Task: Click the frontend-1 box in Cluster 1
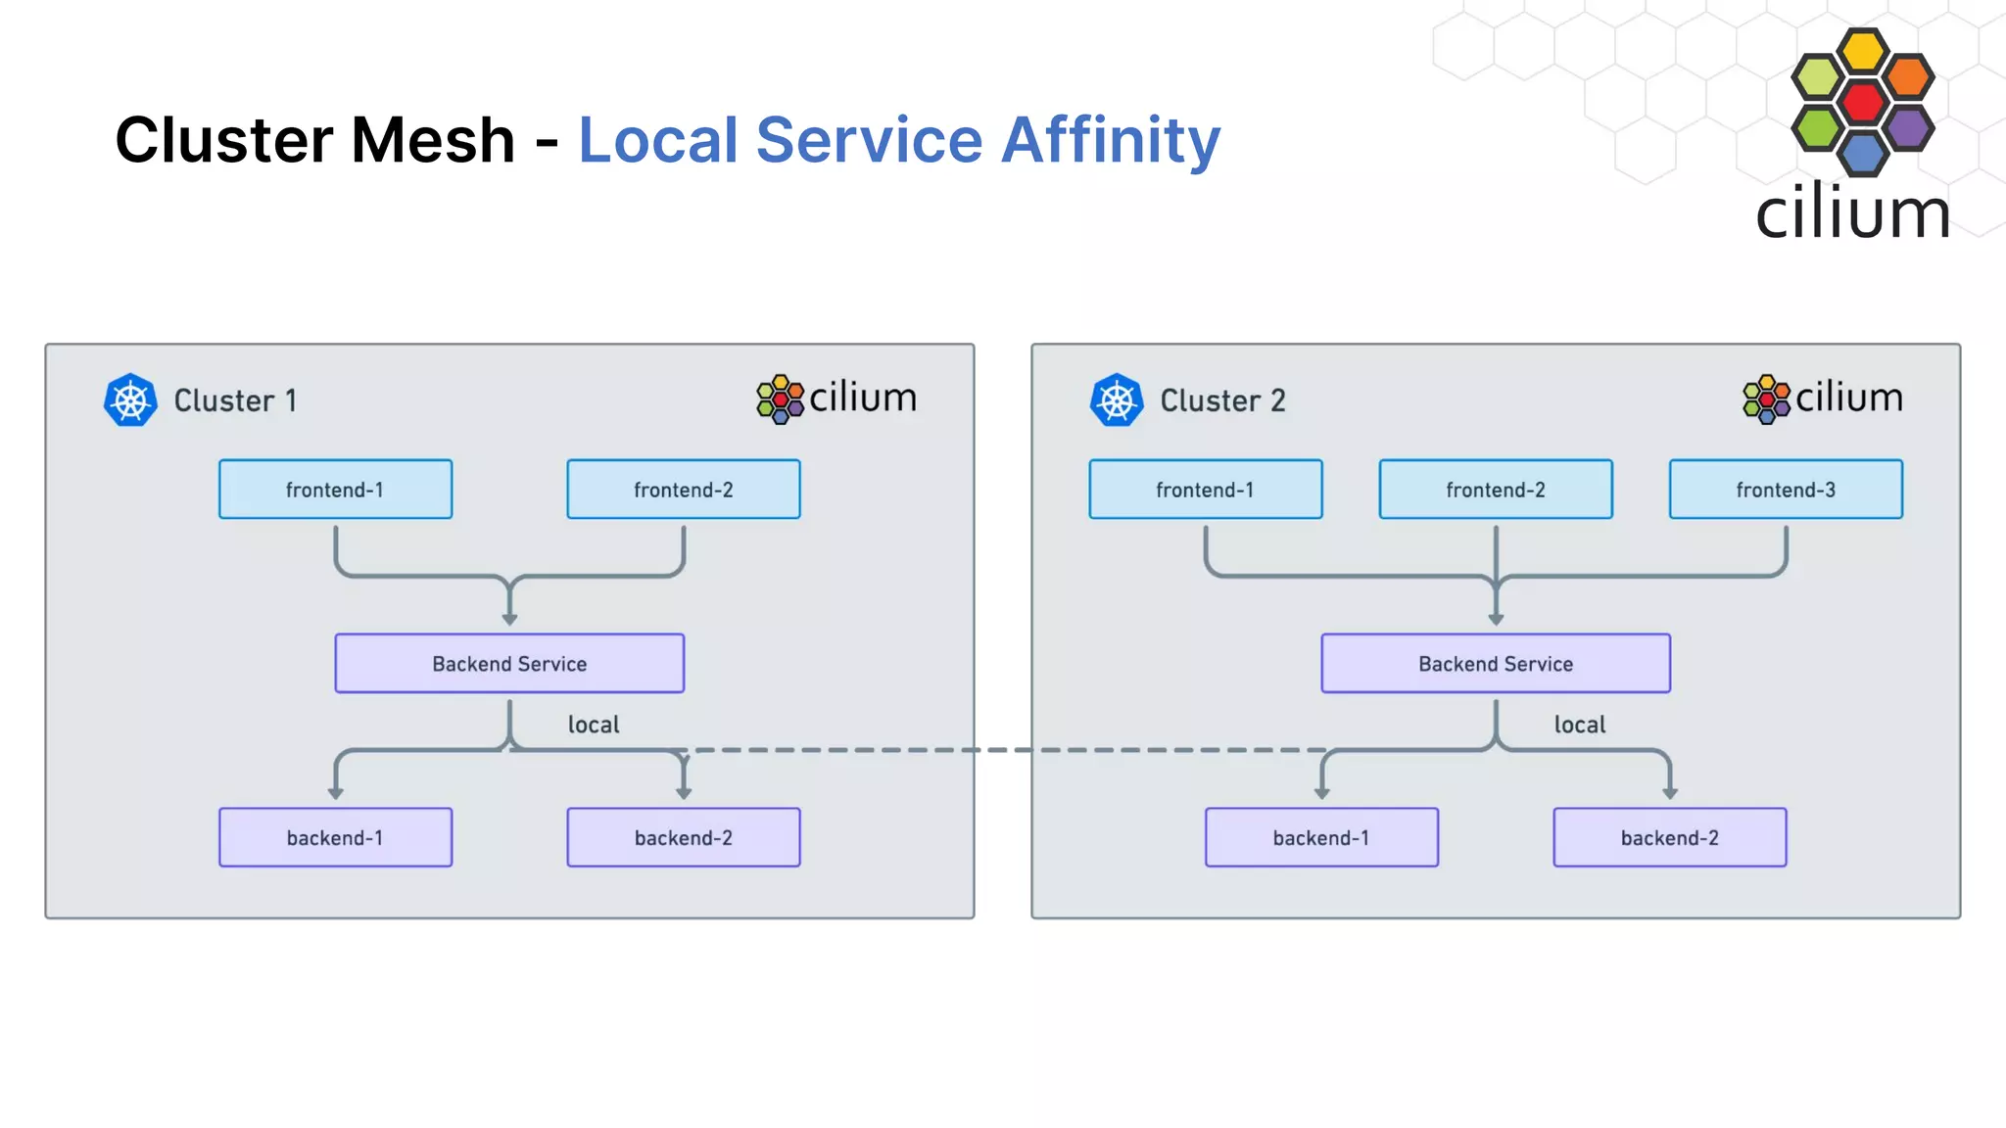pos(335,489)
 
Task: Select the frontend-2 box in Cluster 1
pos(683,489)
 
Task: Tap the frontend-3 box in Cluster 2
pos(1785,489)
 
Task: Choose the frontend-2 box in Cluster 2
pos(1495,489)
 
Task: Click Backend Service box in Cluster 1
pos(509,663)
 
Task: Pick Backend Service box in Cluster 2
pos(1495,663)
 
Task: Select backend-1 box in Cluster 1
pos(335,837)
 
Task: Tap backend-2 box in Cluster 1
pos(683,837)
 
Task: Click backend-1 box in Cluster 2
pos(1320,837)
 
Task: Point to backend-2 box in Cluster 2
pos(1669,837)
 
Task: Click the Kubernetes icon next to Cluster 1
pos(130,399)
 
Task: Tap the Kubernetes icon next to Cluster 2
pos(1117,399)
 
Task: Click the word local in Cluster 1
pos(594,725)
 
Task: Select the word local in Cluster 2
pos(1579,725)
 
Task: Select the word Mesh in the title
pos(433,140)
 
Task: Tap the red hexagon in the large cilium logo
pos(1862,102)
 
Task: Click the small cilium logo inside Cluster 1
pos(836,399)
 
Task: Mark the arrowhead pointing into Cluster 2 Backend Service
pos(1495,620)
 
